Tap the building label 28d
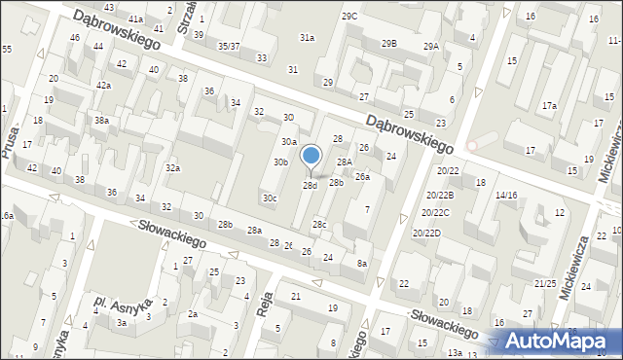tap(310, 186)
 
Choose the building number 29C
tap(348, 17)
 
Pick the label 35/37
tap(229, 46)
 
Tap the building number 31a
tap(307, 37)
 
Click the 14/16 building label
tap(506, 196)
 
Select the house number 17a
tap(550, 105)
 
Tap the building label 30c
tap(270, 198)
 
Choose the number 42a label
tap(103, 86)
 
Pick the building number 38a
tap(101, 121)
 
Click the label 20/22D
tap(426, 233)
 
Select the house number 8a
tap(361, 264)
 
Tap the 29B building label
tap(388, 44)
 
